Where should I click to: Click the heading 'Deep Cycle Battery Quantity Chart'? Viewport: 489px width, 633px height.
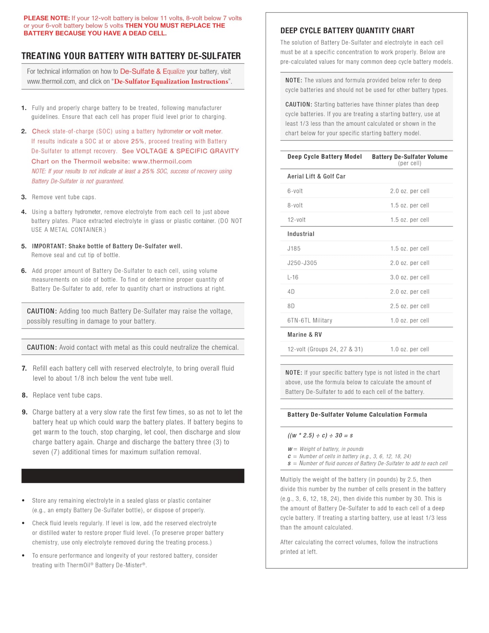click(347, 31)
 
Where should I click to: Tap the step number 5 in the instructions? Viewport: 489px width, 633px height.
click(24, 246)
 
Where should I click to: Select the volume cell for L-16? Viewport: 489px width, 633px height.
click(409, 277)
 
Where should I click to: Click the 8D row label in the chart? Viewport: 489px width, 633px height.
click(291, 306)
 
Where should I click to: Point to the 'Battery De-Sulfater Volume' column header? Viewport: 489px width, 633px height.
click(409, 157)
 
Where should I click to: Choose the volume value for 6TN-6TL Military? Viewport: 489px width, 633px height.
click(409, 320)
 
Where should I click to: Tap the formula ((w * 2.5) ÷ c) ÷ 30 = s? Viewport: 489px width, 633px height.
click(320, 435)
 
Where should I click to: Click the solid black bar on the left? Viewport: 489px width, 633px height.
click(133, 476)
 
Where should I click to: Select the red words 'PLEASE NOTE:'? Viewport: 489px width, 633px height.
click(47, 18)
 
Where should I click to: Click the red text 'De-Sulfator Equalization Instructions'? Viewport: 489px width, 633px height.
click(171, 82)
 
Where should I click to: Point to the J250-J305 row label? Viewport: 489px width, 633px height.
click(302, 263)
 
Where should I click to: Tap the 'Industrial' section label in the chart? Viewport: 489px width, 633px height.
click(301, 234)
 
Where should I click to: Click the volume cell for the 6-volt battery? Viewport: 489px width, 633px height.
click(409, 191)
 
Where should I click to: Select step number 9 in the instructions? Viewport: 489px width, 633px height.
click(24, 412)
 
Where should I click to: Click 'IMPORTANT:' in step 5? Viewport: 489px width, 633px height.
click(49, 246)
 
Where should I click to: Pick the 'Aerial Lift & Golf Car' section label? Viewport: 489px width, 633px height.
click(316, 176)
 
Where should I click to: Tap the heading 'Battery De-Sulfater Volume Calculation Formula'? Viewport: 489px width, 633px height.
click(357, 415)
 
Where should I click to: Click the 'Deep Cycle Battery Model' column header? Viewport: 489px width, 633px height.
click(325, 157)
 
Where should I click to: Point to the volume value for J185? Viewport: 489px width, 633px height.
click(409, 248)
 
